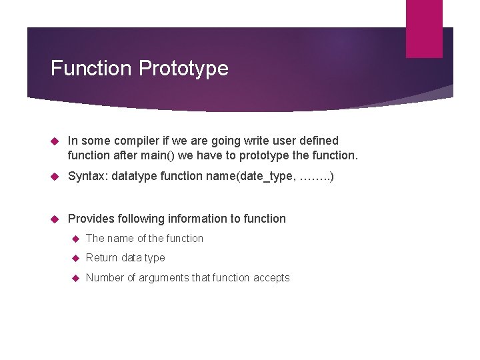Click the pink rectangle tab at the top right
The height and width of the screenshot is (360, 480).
click(x=424, y=28)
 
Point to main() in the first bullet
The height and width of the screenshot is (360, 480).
click(x=161, y=156)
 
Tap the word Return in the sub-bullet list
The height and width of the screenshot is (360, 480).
click(x=102, y=258)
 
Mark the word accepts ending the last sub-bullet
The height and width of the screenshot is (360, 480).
click(x=271, y=278)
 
